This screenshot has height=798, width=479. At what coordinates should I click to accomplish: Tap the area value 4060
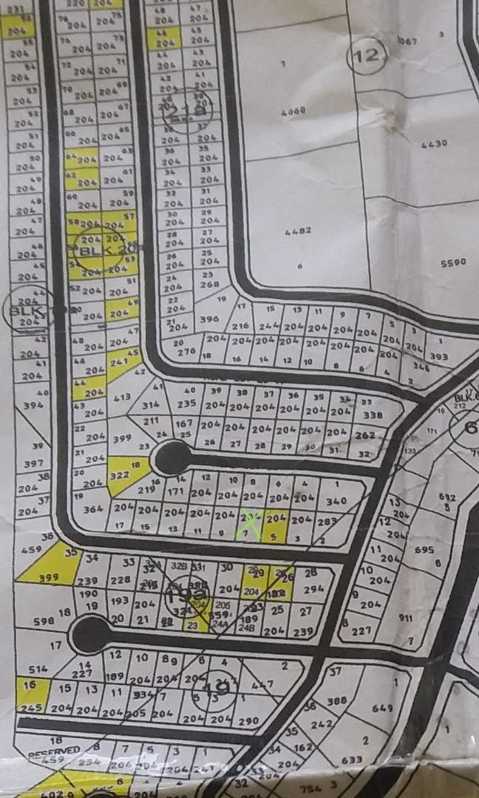293,112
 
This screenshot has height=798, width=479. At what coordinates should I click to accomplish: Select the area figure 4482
299,231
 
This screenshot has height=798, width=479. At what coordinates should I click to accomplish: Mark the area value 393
438,357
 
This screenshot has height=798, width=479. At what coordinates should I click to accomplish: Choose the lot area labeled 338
373,415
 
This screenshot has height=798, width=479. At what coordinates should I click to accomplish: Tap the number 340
336,501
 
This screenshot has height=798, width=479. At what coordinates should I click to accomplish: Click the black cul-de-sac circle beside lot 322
172,459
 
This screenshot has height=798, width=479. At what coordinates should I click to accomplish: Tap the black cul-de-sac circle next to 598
90,634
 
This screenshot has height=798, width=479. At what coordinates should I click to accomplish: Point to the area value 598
43,621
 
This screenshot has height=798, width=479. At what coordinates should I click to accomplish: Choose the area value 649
382,709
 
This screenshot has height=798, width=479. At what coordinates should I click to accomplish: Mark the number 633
353,759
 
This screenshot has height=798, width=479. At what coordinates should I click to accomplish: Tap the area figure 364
93,510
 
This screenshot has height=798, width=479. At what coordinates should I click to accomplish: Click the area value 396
210,319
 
